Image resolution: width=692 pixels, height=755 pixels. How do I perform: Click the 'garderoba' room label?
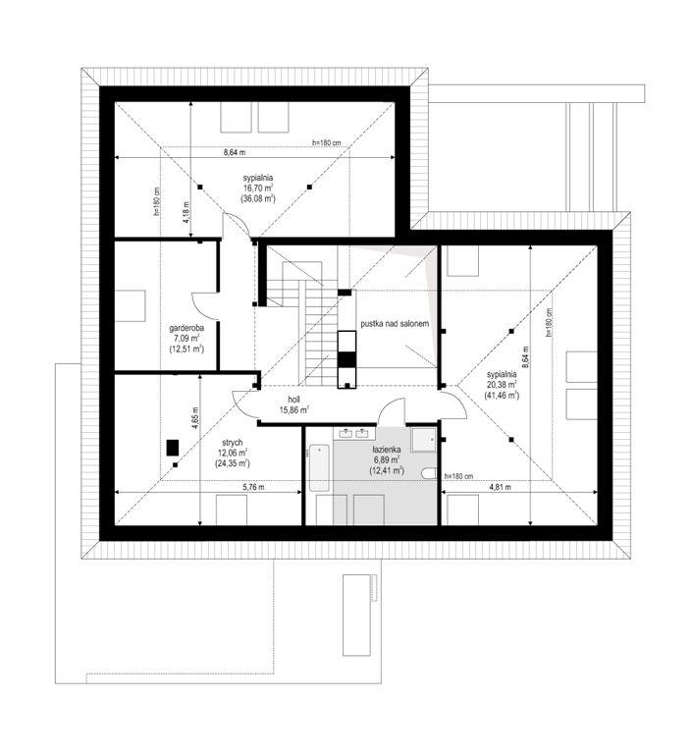click(186, 328)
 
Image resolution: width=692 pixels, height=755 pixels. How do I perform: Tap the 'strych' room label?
click(233, 443)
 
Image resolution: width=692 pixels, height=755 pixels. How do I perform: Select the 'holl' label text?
click(294, 400)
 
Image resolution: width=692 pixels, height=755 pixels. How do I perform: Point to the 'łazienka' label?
click(387, 450)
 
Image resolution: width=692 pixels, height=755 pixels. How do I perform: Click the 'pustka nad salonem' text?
click(395, 324)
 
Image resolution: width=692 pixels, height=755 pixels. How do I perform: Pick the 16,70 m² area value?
click(258, 188)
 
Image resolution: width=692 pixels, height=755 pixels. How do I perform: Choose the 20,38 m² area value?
click(502, 384)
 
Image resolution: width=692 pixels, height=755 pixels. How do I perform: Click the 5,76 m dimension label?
click(253, 487)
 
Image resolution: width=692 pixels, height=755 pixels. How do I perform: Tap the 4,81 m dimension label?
click(501, 487)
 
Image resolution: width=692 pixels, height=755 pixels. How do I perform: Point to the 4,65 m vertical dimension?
click(195, 417)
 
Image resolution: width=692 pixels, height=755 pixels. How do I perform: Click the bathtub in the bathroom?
click(319, 468)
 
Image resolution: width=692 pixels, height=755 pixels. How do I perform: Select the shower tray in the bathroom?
click(423, 439)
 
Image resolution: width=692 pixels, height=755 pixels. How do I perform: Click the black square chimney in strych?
click(173, 448)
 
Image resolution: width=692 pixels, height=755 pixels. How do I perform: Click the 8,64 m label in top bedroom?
click(235, 152)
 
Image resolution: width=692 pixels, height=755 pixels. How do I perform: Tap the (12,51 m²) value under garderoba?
click(186, 350)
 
